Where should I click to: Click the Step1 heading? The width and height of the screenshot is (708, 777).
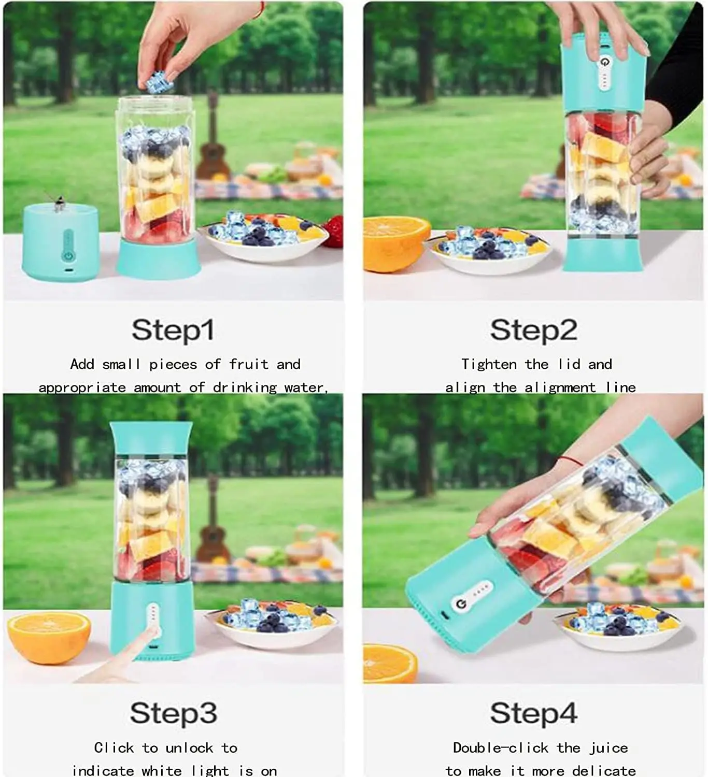(173, 330)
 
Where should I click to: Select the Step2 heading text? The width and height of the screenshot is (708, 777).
(533, 330)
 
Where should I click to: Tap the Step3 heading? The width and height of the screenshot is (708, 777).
(173, 713)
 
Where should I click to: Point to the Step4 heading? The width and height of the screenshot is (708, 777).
(533, 713)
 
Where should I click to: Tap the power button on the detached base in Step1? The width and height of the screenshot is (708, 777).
(67, 255)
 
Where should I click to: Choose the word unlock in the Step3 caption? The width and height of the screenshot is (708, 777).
(189, 748)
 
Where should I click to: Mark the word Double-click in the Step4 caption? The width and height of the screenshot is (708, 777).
(500, 748)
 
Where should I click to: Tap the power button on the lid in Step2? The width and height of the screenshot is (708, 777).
(604, 63)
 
